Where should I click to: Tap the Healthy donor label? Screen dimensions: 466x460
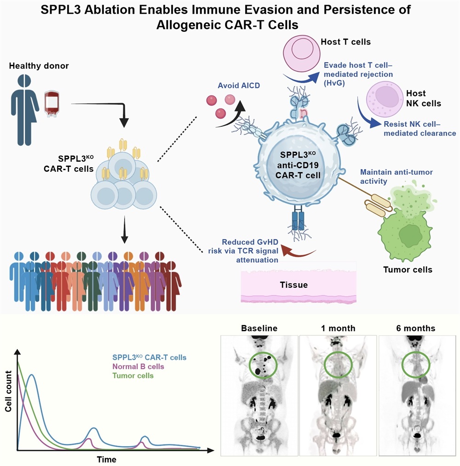39,66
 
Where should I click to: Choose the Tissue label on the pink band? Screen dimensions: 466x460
294,285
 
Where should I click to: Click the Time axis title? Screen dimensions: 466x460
106,459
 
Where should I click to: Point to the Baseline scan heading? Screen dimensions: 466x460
259,329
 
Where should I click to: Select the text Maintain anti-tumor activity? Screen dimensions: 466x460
397,176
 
